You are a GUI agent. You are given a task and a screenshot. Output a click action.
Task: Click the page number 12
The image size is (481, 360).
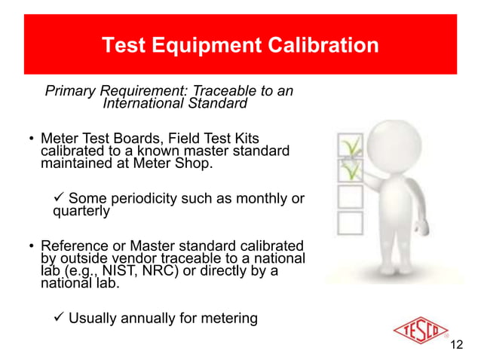(x=455, y=345)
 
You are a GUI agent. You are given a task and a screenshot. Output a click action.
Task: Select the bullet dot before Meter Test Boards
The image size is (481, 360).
(x=32, y=140)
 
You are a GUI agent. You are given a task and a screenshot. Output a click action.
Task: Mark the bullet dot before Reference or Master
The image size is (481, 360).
(x=32, y=247)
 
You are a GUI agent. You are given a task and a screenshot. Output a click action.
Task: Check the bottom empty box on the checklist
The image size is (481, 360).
(x=350, y=222)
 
